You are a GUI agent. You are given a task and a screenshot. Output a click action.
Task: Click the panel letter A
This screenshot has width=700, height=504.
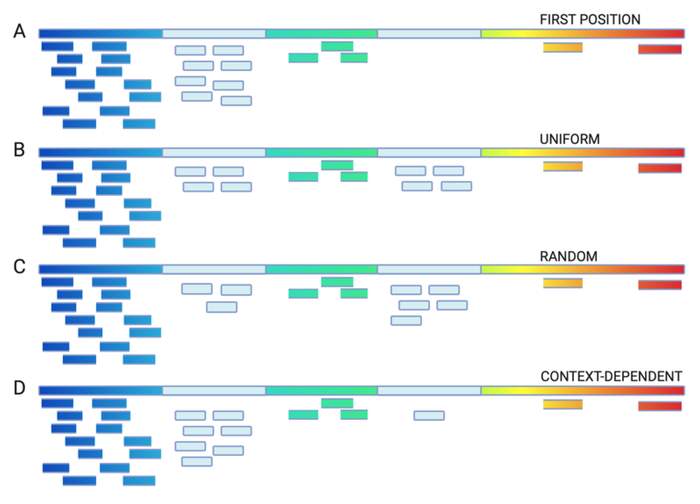[x=19, y=32]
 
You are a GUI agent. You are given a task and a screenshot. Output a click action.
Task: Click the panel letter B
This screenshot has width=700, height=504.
[x=19, y=150]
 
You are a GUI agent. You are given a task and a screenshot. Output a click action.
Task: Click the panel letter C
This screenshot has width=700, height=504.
[x=19, y=267]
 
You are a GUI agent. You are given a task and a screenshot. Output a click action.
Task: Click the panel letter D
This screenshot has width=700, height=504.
[x=19, y=388]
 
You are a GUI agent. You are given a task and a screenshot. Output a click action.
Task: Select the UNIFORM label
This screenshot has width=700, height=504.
[x=570, y=139]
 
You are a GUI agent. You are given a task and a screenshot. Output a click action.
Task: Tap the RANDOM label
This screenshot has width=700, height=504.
[x=568, y=257]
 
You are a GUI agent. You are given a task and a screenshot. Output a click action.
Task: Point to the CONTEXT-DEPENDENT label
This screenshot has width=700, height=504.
[x=611, y=376]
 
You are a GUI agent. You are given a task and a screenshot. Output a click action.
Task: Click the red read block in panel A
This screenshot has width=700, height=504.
[x=660, y=49]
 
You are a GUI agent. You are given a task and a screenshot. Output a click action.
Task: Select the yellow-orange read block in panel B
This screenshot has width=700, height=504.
[x=563, y=166]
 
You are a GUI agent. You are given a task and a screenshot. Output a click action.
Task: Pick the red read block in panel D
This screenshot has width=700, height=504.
[x=660, y=406]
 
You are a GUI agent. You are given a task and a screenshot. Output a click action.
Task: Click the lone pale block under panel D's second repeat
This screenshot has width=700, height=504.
[x=429, y=415]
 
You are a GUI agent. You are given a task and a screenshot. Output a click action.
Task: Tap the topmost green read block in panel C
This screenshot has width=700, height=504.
[x=337, y=282]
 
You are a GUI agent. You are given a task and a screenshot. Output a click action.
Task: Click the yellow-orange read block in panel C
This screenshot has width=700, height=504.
[x=563, y=283]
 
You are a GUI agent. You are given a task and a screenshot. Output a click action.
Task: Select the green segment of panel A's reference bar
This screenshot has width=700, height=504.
[x=321, y=34]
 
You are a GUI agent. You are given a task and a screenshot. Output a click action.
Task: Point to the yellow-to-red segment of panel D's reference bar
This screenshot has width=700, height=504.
[x=582, y=390]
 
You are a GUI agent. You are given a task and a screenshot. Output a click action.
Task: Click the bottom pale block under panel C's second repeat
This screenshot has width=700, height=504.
[x=406, y=321]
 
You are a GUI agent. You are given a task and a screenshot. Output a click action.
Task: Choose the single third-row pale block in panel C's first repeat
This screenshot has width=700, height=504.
[x=222, y=307]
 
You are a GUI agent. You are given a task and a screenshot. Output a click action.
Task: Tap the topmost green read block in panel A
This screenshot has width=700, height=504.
[x=337, y=46]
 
